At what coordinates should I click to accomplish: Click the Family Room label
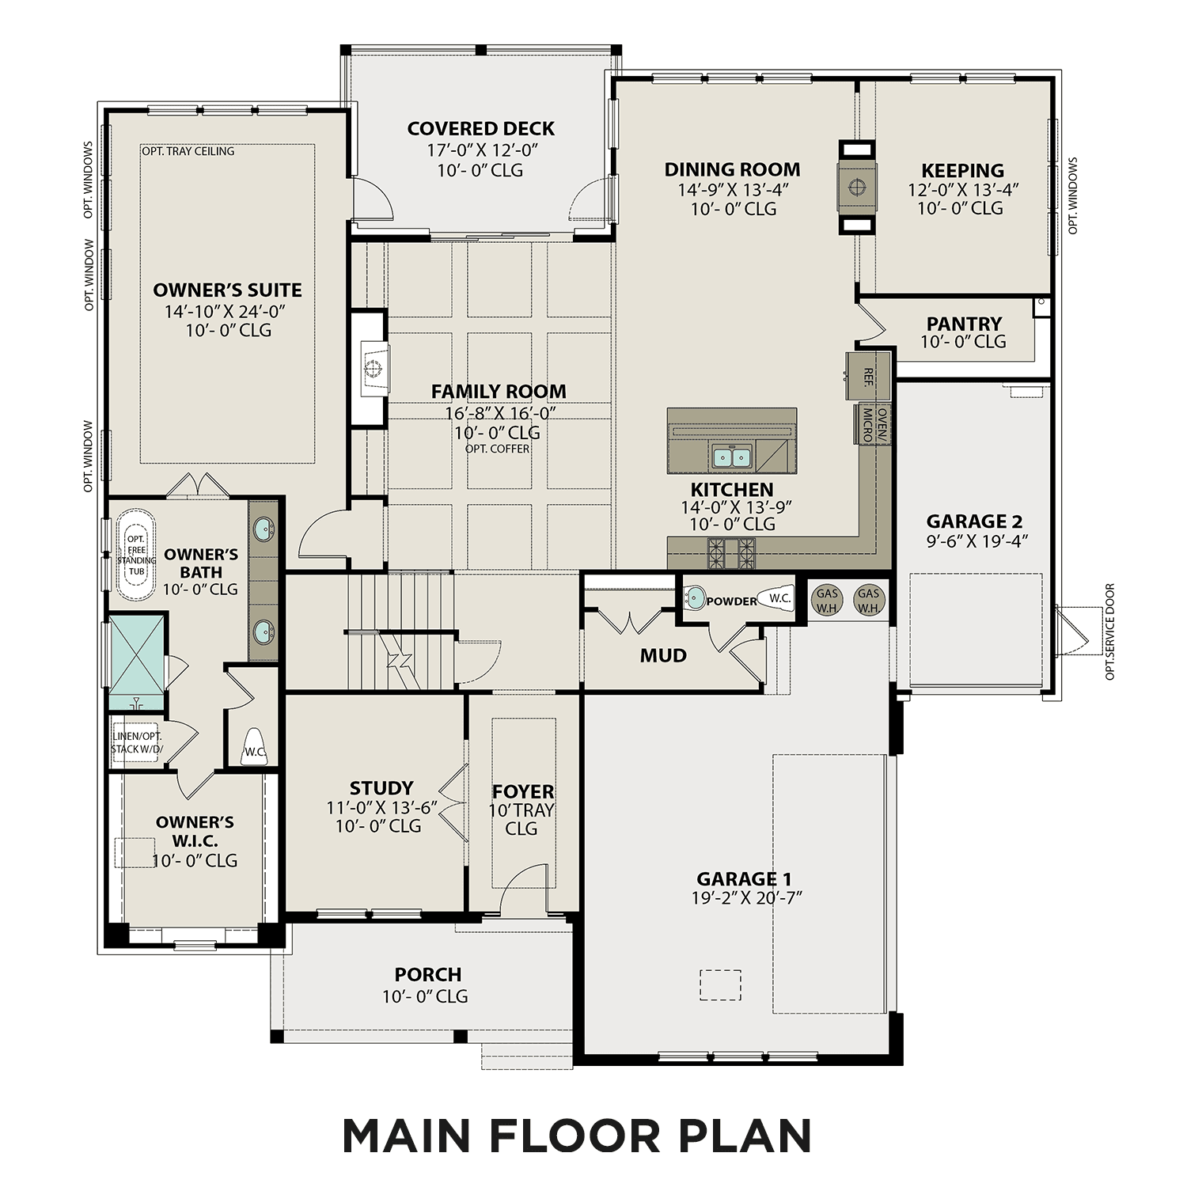pos(498,392)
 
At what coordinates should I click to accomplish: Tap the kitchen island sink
pos(731,457)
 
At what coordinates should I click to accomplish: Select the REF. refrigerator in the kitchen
pos(868,376)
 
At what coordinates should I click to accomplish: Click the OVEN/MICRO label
pos(873,424)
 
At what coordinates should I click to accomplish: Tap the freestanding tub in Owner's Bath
pos(136,554)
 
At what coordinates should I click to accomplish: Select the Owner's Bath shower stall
pos(136,661)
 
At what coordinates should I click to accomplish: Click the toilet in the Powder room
pos(776,599)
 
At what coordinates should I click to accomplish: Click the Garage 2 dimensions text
pos(974,541)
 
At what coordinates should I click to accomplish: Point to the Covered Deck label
pos(480,129)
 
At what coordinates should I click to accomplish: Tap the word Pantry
pos(964,324)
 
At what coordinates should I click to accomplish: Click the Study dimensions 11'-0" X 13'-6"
pos(381,808)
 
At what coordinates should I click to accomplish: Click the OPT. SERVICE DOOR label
pos(1109,631)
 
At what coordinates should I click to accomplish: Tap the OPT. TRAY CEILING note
pos(188,151)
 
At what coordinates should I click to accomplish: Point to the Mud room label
pos(663,655)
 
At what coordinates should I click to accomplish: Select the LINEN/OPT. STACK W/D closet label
pos(137,742)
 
